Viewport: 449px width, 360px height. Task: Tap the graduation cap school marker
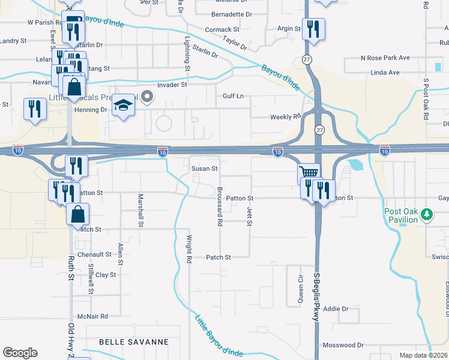(124, 106)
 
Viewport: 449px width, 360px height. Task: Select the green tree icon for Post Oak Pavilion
(427, 213)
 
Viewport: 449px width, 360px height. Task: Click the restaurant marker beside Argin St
(313, 28)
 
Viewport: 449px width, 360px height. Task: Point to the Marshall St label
(141, 210)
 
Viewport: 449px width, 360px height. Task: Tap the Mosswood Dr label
(343, 345)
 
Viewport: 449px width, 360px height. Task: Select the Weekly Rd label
(285, 117)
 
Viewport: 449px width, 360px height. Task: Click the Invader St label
(172, 85)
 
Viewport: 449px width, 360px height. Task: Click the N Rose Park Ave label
(385, 58)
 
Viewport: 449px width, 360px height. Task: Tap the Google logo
(20, 353)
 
